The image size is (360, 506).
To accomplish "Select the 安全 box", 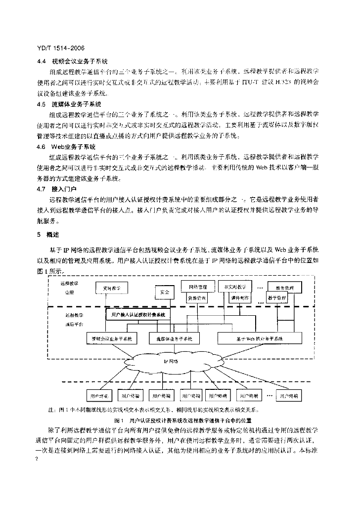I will [x=165, y=292].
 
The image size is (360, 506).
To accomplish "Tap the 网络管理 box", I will [x=197, y=287].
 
